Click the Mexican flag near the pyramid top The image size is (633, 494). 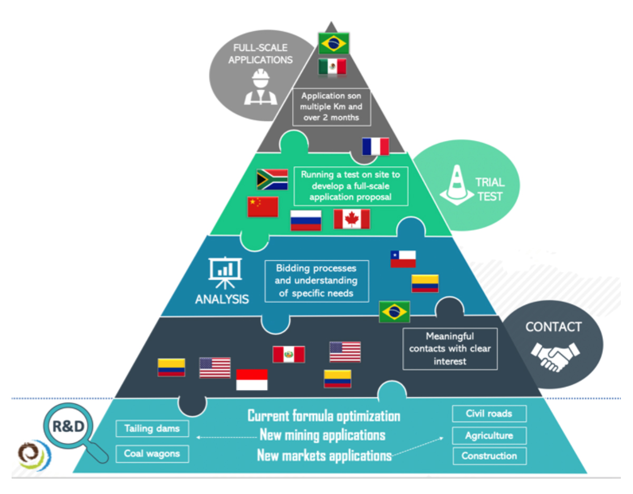[x=332, y=66]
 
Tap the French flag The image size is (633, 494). [x=376, y=146]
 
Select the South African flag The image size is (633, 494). [x=272, y=179]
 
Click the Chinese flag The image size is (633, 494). [x=263, y=207]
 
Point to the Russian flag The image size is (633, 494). [x=306, y=220]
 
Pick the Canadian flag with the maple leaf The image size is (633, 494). [x=352, y=219]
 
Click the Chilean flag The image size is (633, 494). [x=403, y=259]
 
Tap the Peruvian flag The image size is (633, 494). [x=289, y=354]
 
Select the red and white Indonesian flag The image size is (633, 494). [x=252, y=379]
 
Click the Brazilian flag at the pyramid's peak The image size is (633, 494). [x=333, y=43]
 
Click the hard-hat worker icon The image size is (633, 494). [x=261, y=87]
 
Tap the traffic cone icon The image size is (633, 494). [x=457, y=185]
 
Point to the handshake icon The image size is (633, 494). [x=555, y=357]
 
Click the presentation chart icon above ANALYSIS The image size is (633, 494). [x=225, y=273]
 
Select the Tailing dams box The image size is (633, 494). [x=152, y=429]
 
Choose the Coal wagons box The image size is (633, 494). [x=152, y=454]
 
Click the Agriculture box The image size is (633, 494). [x=489, y=435]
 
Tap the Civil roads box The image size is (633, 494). [x=489, y=413]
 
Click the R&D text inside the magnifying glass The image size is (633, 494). [x=68, y=426]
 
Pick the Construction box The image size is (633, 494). [x=490, y=456]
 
